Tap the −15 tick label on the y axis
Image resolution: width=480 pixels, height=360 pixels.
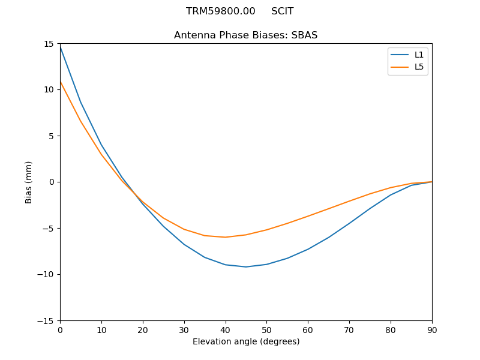click(x=48, y=320)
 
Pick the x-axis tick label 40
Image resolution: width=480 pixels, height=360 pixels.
click(x=225, y=330)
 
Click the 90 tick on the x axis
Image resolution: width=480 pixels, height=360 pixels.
click(x=432, y=330)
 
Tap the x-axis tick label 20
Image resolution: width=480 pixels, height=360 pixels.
click(x=143, y=330)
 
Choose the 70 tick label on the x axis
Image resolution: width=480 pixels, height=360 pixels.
click(x=349, y=330)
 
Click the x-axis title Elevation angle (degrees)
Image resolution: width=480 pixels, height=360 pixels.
click(x=246, y=342)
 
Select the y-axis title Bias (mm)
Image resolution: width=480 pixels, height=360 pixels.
click(x=29, y=182)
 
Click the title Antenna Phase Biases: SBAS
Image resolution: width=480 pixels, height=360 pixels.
click(x=246, y=35)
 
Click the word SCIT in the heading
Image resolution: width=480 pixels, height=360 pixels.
click(x=283, y=11)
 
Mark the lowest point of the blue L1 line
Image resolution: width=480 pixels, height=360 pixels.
click(x=246, y=267)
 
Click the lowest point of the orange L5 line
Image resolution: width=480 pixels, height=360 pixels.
click(x=225, y=237)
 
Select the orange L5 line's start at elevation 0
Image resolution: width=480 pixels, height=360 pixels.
click(x=60, y=82)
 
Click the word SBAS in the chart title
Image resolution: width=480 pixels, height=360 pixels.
click(x=304, y=35)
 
